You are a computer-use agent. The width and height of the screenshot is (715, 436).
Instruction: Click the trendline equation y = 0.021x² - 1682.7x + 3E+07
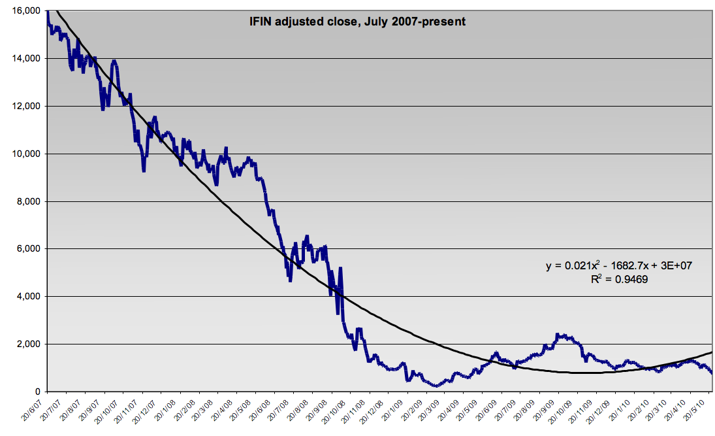coord(617,266)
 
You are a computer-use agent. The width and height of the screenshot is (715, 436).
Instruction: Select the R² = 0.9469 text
coord(617,278)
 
